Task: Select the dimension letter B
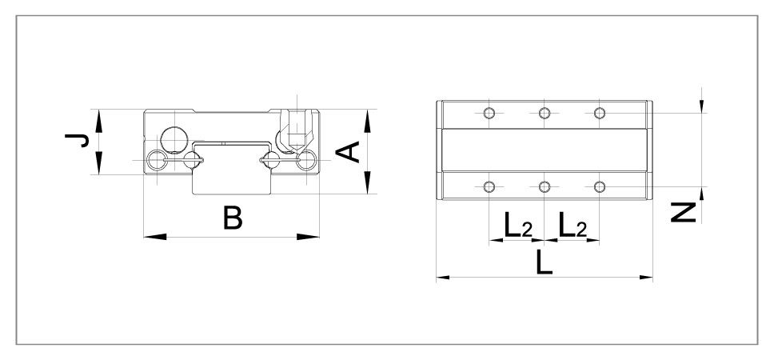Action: coord(232,218)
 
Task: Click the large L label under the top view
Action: coord(544,262)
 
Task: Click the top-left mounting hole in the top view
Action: coord(489,112)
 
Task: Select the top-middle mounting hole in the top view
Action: coord(544,112)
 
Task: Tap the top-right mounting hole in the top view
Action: coord(600,112)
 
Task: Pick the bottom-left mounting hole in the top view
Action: coord(489,187)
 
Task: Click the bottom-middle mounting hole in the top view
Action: coord(544,187)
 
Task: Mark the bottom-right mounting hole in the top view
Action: coord(600,187)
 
